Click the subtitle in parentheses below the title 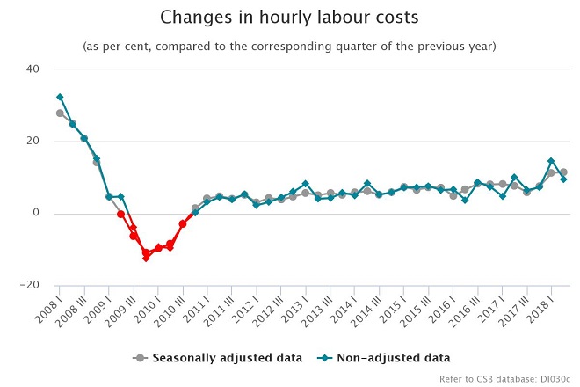point(290,46)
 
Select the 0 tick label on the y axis point(36,213)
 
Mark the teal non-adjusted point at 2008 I point(60,97)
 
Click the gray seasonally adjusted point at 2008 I point(60,113)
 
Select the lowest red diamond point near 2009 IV point(146,258)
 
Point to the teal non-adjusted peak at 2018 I point(551,161)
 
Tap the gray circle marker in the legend point(140,358)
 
